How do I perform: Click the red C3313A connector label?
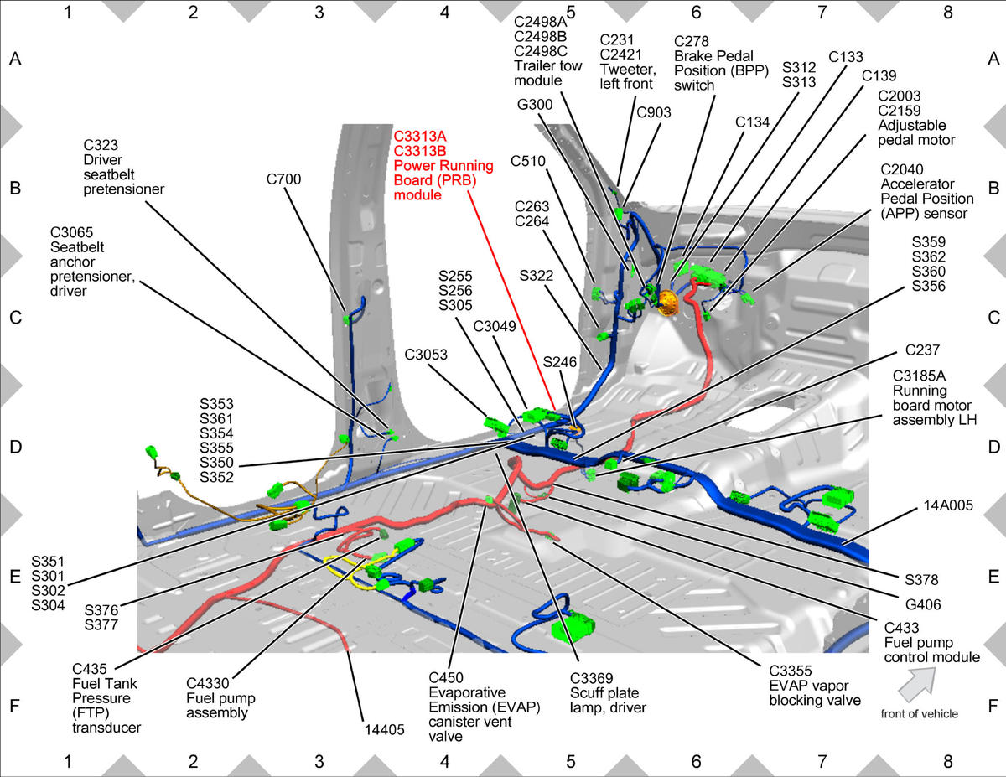[420, 136]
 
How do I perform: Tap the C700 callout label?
[283, 179]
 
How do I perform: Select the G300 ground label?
[535, 104]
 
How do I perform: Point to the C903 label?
[654, 112]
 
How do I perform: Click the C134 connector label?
[752, 122]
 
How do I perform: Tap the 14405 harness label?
[384, 730]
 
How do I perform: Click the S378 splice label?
[921, 579]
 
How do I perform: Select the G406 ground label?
[923, 604]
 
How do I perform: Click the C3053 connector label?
[426, 355]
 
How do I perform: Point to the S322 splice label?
[536, 276]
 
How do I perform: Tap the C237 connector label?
[922, 350]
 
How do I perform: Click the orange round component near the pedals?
[667, 303]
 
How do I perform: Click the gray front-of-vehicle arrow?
[916, 683]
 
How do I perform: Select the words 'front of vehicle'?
[920, 713]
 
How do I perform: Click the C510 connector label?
[528, 161]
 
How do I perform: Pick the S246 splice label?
[560, 362]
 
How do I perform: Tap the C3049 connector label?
[495, 326]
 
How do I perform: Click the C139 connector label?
[879, 75]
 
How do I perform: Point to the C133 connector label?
[846, 57]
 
